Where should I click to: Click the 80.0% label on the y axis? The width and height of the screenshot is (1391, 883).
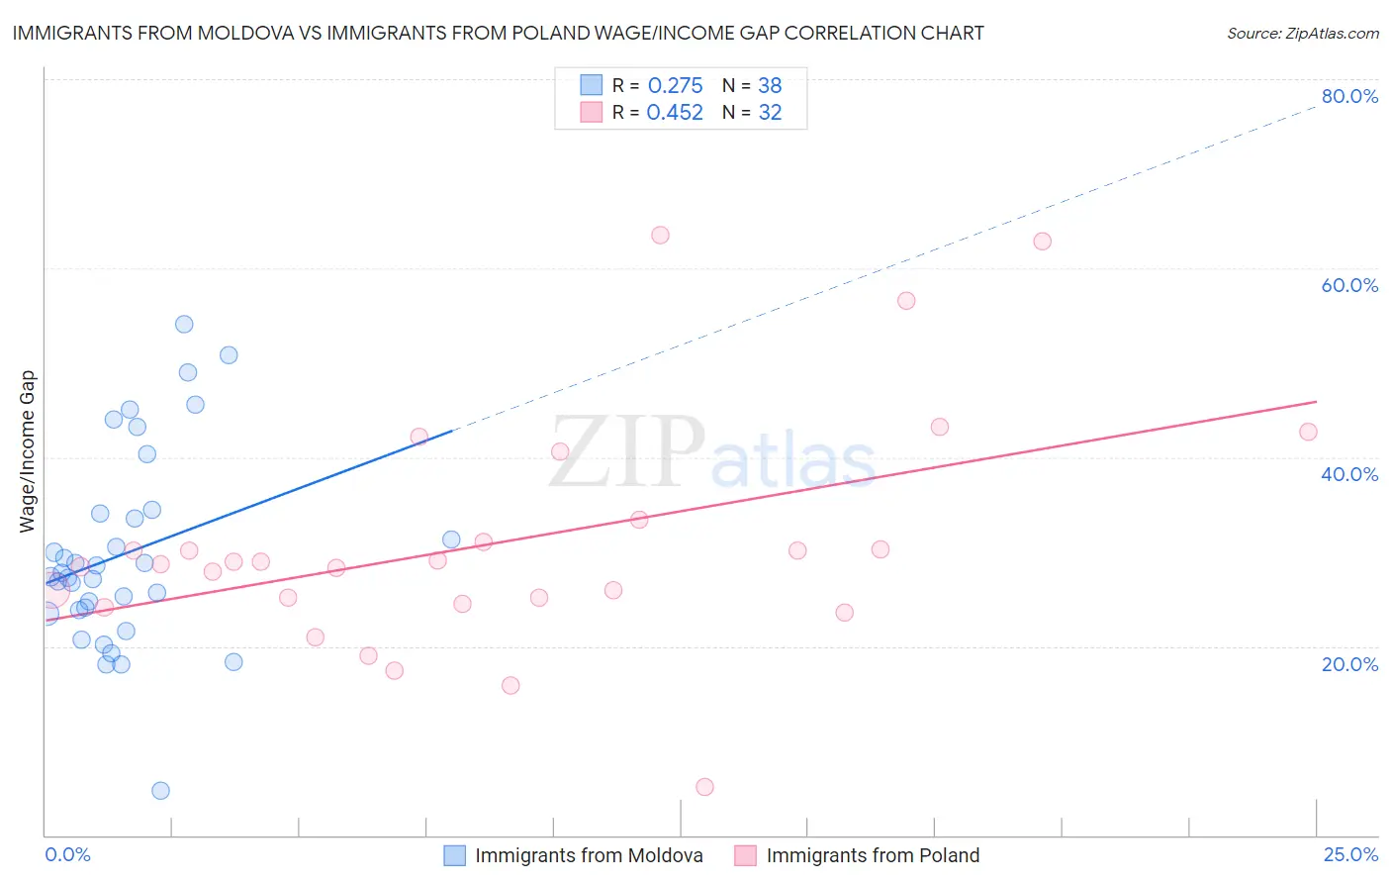1349,96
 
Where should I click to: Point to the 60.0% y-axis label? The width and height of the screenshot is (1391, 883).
1349,285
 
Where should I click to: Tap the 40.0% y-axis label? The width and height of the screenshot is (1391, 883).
1349,474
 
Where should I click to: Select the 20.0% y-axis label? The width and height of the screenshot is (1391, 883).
1349,664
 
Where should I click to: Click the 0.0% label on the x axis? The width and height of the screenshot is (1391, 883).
67,855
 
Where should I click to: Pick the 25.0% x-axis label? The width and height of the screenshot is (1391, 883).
1350,855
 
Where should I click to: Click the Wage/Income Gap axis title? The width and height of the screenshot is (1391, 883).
28,451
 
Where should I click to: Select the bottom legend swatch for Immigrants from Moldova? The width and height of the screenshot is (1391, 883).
454,855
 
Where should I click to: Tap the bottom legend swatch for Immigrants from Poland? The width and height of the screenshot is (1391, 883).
745,855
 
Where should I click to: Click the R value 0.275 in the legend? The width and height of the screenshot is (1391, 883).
675,85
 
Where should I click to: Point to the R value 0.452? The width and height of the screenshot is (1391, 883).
675,113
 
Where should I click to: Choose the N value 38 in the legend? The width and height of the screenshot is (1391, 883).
770,85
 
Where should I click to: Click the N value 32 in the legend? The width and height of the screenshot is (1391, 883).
770,113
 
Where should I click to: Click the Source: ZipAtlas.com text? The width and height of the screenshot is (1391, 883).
1303,34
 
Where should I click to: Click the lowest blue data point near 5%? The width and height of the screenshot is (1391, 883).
160,790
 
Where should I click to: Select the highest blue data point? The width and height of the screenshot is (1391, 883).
184,324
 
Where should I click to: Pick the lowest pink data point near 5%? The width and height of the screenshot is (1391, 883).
704,787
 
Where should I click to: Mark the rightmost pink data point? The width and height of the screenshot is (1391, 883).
1308,432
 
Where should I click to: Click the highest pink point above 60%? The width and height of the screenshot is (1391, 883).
660,235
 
